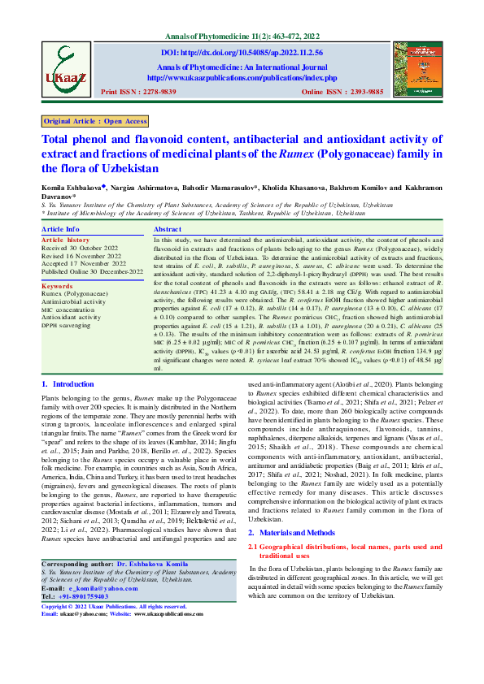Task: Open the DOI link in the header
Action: [242, 52]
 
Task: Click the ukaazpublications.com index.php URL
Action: [242, 77]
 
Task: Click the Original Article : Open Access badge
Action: [95, 121]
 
